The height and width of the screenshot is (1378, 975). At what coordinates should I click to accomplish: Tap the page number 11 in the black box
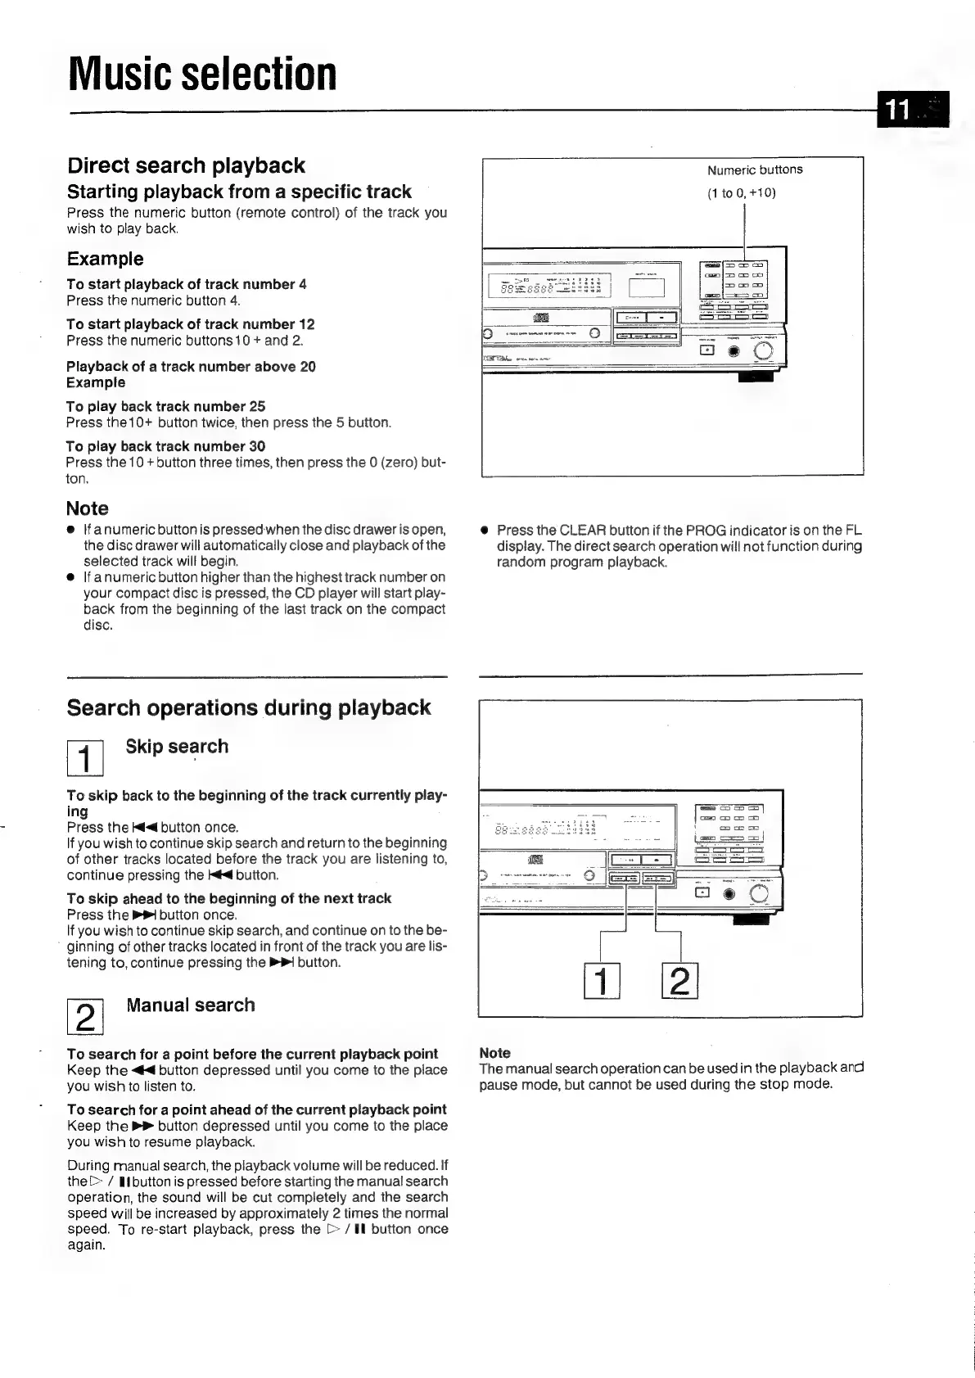pos(899,110)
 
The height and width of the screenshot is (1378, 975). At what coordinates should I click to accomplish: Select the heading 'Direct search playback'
pos(186,165)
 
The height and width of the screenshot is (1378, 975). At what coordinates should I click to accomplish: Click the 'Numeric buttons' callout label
pos(755,169)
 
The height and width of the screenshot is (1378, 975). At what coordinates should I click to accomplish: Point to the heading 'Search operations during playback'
pos(248,707)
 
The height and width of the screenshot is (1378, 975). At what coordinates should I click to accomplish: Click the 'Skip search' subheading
pos(177,747)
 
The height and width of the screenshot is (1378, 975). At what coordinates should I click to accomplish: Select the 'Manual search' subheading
pos(190,1005)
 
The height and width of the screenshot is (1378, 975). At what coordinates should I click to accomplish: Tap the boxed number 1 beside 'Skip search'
pos(84,758)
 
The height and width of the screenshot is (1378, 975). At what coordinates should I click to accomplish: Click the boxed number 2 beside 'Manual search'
pos(84,1017)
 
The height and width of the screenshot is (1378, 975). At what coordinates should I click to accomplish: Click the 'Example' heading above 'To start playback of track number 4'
pos(105,259)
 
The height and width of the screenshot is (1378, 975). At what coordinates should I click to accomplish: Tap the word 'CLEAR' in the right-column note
pos(581,530)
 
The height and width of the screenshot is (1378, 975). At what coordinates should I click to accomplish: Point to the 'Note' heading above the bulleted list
pos(87,508)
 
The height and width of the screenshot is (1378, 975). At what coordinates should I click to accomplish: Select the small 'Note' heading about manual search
pos(494,1053)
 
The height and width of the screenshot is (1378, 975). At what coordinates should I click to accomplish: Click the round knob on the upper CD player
pos(763,351)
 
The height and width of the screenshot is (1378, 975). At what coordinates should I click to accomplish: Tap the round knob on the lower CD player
pos(758,894)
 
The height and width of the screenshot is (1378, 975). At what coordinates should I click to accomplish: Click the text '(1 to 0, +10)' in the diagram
pos(741,193)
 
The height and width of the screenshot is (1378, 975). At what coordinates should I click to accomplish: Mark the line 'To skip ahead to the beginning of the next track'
pos(228,898)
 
